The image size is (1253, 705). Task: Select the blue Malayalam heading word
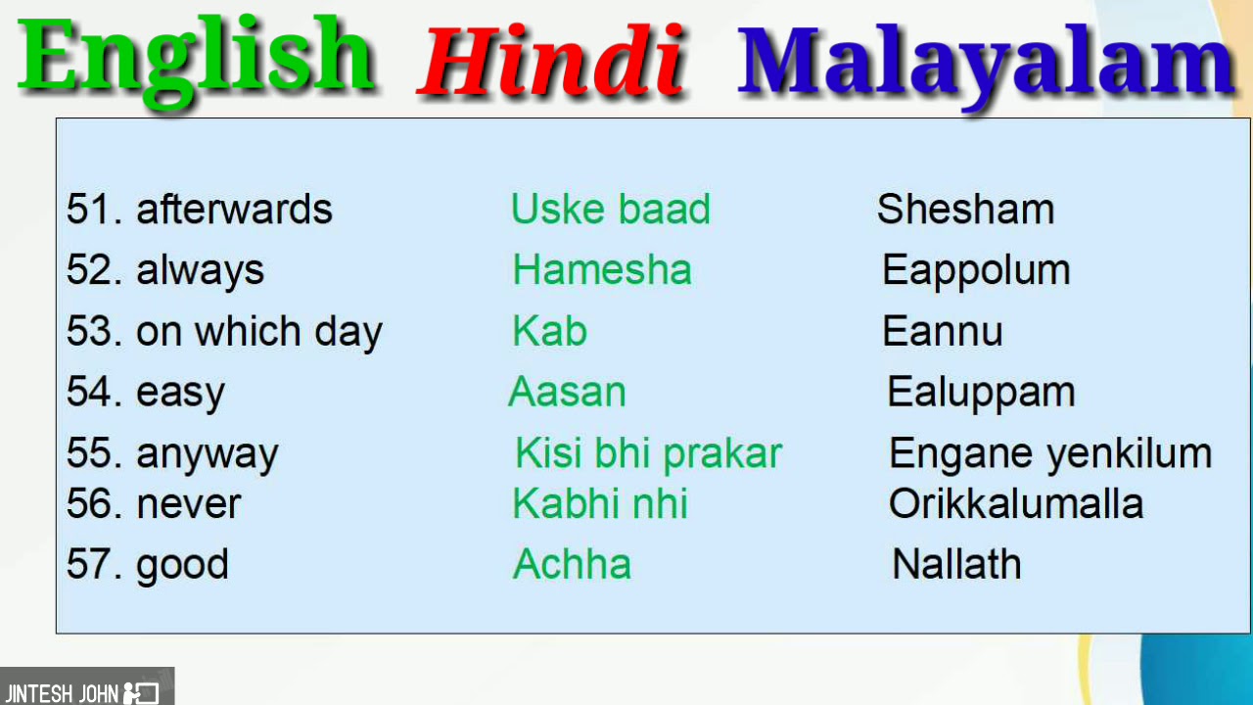pos(987,65)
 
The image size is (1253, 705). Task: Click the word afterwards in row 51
pos(234,210)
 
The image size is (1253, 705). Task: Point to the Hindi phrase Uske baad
pos(611,210)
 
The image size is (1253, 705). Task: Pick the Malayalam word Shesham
pos(965,210)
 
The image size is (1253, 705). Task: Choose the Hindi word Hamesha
pos(602,269)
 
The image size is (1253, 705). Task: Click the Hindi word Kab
pos(550,331)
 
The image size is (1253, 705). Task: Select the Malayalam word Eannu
pos(943,331)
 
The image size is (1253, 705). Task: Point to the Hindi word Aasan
pos(567,392)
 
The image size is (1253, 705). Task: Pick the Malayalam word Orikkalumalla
pos(1016,503)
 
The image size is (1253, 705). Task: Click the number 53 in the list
pos(89,331)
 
